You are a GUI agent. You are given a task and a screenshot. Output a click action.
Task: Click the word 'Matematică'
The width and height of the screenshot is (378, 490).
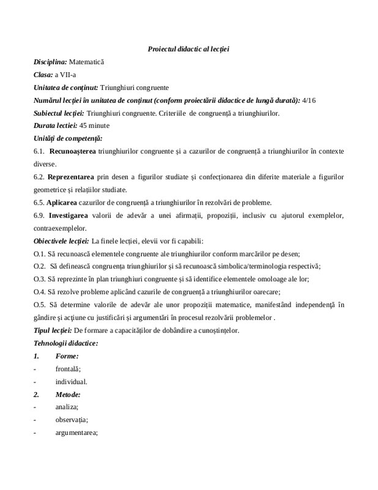point(87,62)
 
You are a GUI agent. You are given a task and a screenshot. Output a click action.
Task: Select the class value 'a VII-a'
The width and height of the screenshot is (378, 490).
point(68,75)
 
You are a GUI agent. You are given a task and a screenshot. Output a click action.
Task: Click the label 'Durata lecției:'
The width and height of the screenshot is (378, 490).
point(53,126)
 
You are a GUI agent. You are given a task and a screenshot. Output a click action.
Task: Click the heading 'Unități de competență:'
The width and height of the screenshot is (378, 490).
point(68,139)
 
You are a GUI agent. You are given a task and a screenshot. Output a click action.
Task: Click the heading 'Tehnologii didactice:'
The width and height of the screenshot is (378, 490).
point(64,343)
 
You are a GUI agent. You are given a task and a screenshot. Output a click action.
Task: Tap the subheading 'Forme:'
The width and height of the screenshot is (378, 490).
point(66,356)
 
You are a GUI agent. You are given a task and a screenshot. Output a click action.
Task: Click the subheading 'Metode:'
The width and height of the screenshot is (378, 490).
point(68,394)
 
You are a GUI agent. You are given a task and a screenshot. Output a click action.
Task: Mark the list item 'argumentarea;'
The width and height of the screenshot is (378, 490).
point(76,432)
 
